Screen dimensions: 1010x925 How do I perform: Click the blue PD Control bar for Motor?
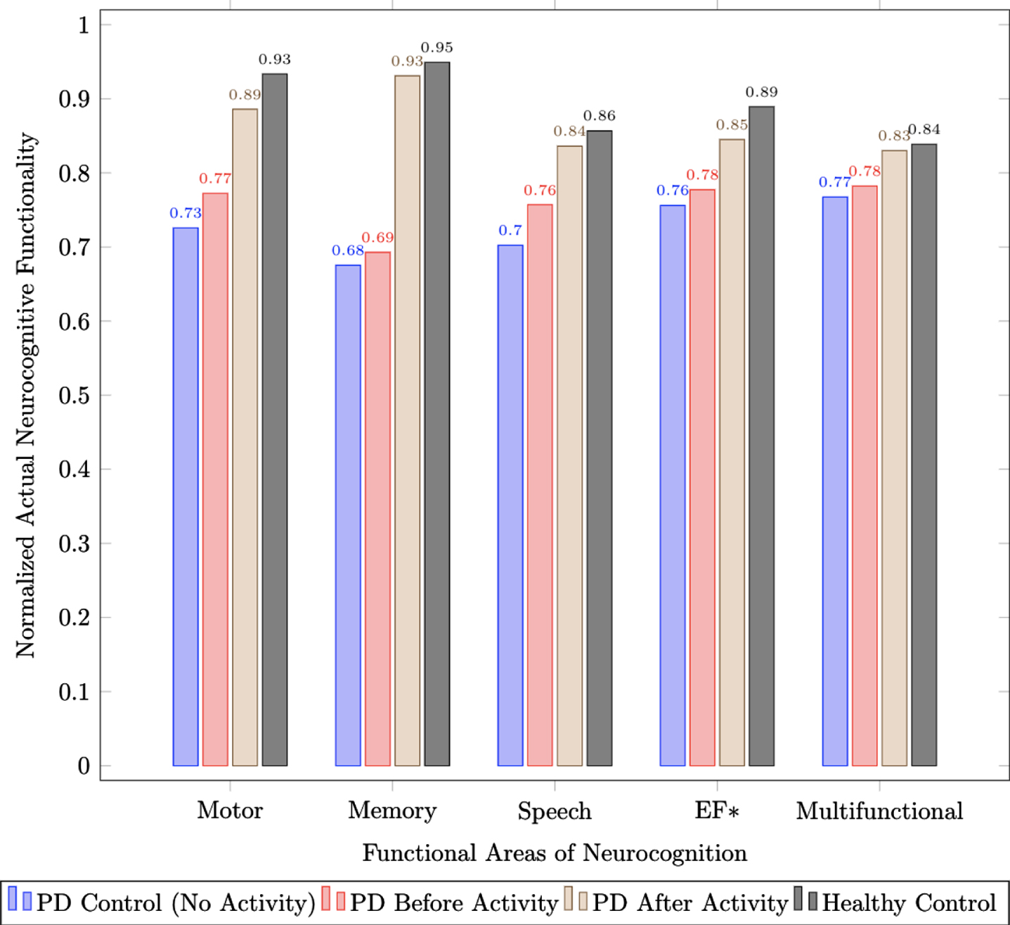[186, 496]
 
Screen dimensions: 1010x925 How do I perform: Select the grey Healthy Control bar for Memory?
[437, 414]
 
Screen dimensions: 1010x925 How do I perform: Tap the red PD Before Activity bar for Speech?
[540, 485]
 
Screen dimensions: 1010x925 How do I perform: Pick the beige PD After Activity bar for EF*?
[732, 452]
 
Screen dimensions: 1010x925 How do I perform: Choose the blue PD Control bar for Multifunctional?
[835, 481]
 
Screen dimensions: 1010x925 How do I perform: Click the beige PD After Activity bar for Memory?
[408, 420]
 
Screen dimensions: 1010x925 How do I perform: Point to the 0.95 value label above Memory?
[437, 48]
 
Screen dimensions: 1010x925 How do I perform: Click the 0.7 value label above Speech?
[510, 231]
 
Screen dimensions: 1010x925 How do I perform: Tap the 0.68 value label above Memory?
[348, 250]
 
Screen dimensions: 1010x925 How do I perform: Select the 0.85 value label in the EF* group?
[732, 124]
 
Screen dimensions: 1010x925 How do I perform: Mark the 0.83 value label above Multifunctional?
[894, 136]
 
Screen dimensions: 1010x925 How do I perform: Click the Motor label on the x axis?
[230, 810]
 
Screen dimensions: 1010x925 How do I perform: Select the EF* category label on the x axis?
[717, 810]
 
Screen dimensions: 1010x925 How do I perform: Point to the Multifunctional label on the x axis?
[879, 810]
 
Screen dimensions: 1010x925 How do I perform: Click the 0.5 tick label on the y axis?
[74, 395]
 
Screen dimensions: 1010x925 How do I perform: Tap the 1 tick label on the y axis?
[84, 25]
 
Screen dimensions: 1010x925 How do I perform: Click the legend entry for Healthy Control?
[895, 903]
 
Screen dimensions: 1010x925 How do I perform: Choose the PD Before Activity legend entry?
[439, 903]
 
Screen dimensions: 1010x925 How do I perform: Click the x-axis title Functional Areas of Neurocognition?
[555, 853]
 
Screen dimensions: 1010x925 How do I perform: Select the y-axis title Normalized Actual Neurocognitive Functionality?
[25, 395]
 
